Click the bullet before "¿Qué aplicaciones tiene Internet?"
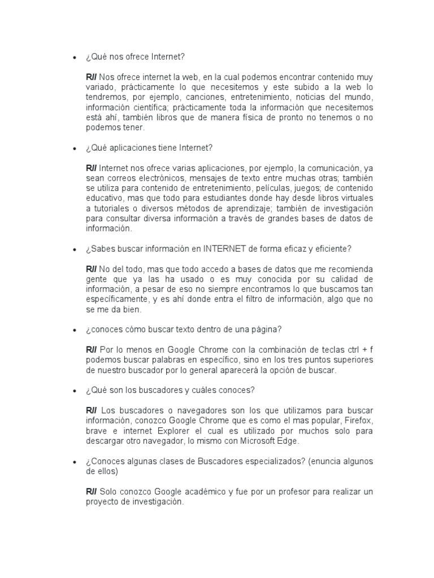pyautogui.click(x=73, y=149)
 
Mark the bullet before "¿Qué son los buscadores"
pyautogui.click(x=73, y=391)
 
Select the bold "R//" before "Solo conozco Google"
pyautogui.click(x=92, y=492)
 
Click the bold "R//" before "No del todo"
pyautogui.click(x=92, y=269)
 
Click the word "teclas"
pyautogui.click(x=325, y=350)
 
